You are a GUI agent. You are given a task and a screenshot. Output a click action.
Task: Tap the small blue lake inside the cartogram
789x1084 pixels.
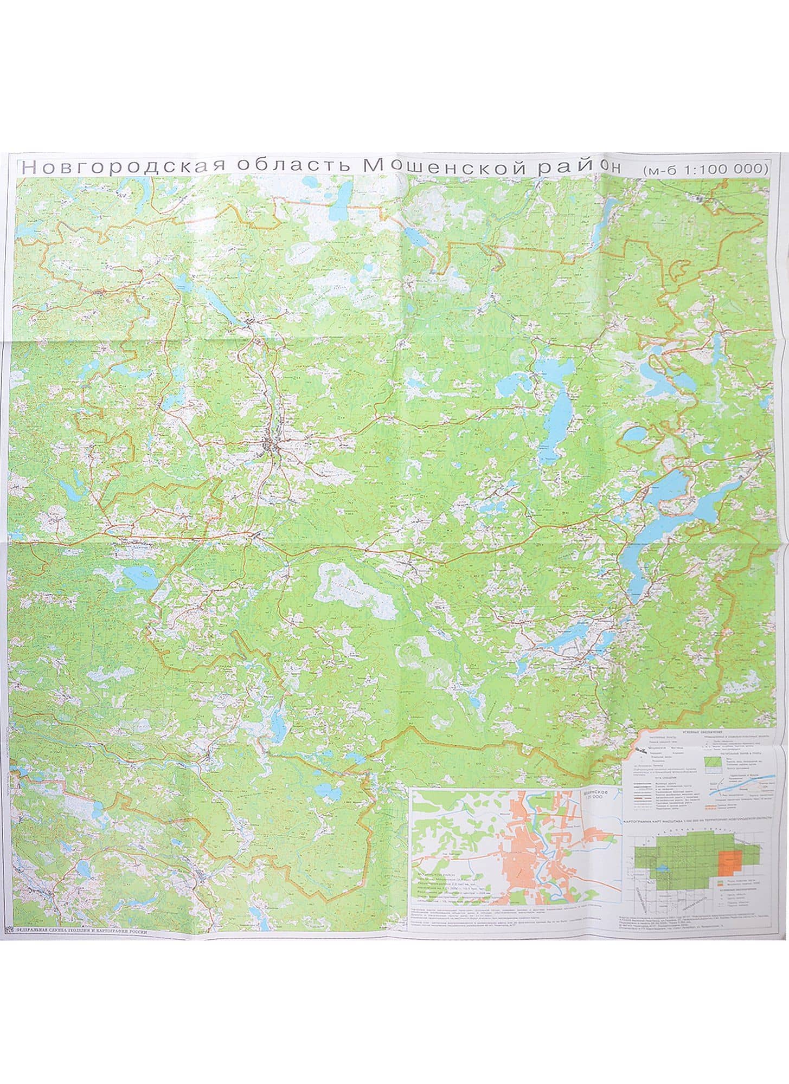point(663,873)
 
